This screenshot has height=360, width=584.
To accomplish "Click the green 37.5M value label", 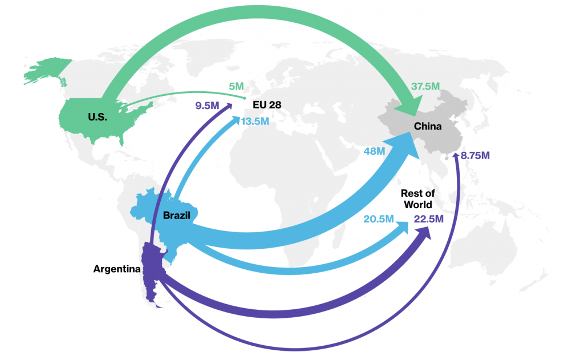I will coord(425,86).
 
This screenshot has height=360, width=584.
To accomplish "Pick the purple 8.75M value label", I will coord(476,155).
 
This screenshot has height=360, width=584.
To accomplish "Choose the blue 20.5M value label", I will coord(379,219).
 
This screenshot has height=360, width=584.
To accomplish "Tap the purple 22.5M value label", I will coord(429,219).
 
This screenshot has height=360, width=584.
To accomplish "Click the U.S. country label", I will coord(98,117).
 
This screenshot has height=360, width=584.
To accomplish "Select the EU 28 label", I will coord(267,105).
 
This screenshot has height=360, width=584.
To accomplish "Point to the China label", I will coord(428,126).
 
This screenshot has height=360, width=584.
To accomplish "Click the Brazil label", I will coord(176,215).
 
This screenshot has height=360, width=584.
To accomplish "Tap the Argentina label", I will coord(117,268).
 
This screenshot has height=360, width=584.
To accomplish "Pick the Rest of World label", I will coord(416,199).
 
